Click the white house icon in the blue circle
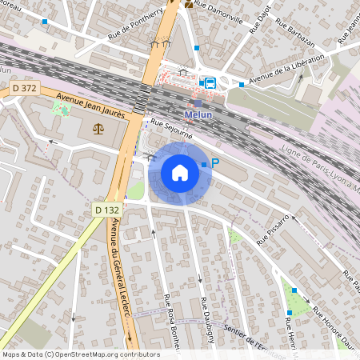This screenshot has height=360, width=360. point(179,173)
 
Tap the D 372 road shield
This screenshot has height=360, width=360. point(23,87)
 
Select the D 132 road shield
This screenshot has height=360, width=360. point(106,210)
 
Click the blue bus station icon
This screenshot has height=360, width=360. point(210,82)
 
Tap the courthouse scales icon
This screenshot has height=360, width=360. point(98,127)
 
